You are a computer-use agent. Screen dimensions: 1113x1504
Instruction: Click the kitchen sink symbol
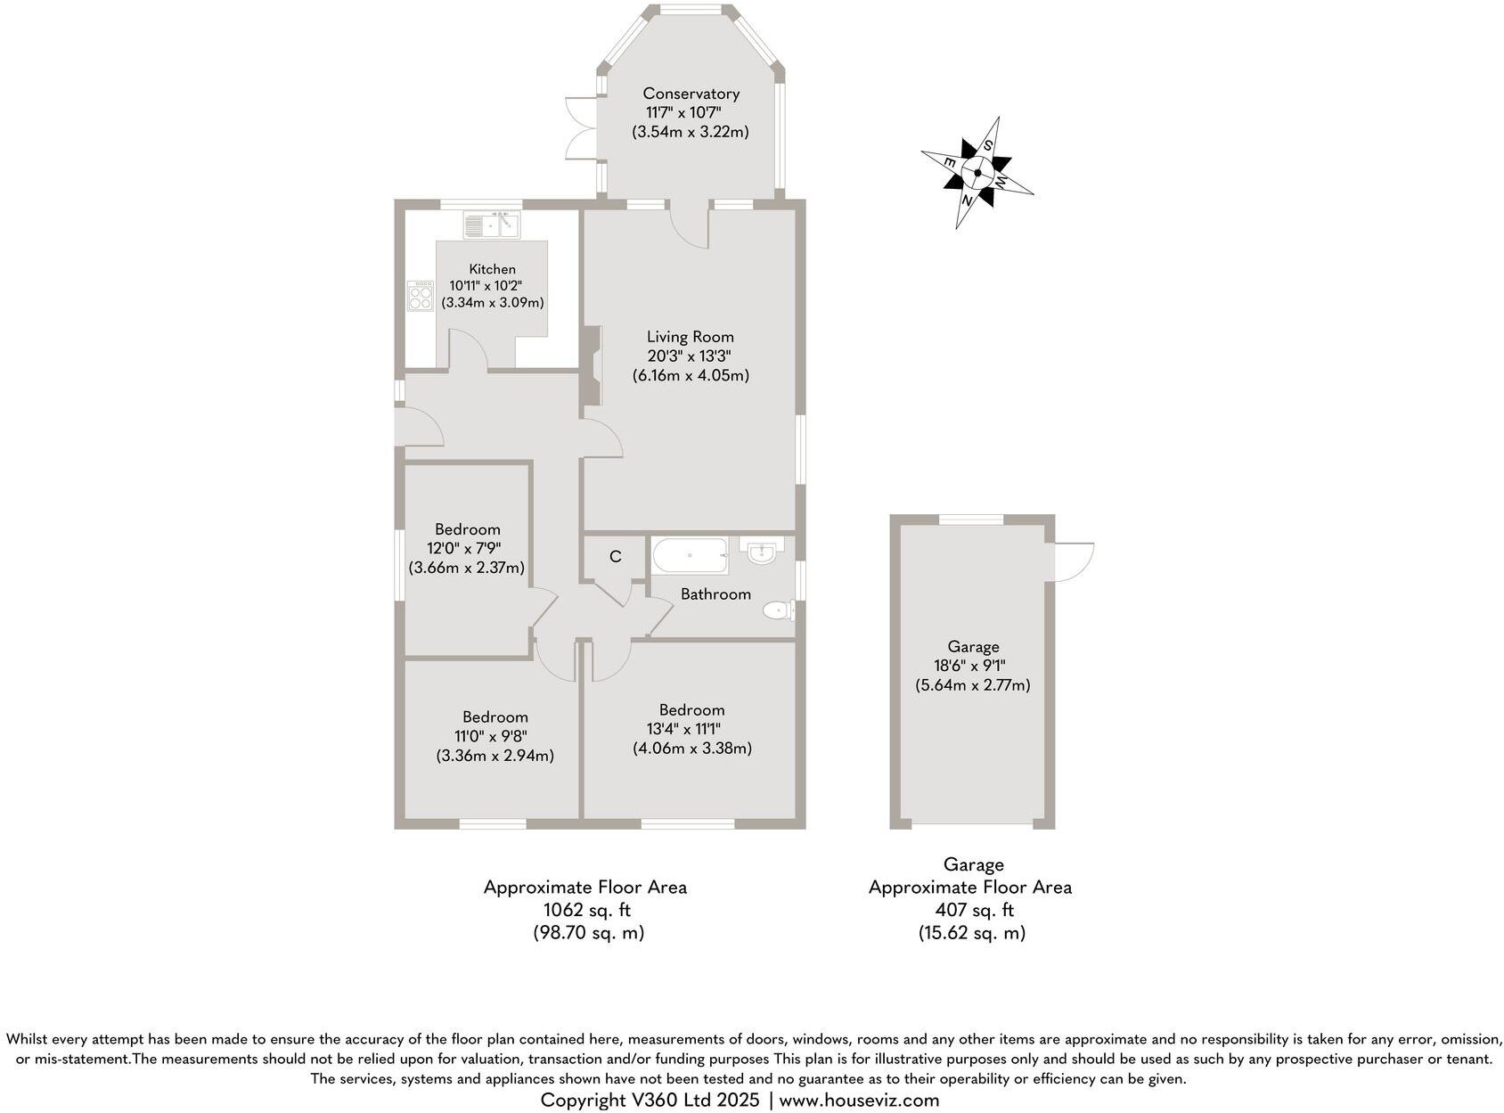coord(491,225)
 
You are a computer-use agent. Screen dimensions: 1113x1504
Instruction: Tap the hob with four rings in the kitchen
coord(421,296)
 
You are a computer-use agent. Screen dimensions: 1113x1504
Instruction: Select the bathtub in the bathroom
coord(691,556)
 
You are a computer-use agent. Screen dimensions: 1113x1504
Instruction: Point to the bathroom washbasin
coord(762,551)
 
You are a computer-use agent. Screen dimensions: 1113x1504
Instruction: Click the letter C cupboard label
coord(615,557)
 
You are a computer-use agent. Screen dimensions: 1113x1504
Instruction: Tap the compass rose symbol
coord(977,173)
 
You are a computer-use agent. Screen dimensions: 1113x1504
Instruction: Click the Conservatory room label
coord(691,94)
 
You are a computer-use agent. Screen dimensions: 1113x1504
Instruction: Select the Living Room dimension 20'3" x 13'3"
coord(691,356)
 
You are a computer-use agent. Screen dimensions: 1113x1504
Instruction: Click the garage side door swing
coord(1074,561)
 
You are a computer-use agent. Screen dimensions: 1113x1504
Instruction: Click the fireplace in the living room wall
coord(592,366)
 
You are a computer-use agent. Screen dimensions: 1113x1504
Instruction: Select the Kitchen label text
coord(493,269)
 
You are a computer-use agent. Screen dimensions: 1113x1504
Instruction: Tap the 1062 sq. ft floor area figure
coord(587,910)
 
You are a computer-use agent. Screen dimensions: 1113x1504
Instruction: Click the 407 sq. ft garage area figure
coord(974,910)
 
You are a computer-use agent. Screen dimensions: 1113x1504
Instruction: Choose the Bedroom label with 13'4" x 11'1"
coord(691,710)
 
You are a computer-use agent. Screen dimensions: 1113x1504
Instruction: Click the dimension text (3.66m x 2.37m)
coord(467,567)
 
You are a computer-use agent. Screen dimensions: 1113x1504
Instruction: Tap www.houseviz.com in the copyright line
coord(859,1100)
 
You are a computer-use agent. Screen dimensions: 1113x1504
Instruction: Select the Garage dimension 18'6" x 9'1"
coord(973,666)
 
